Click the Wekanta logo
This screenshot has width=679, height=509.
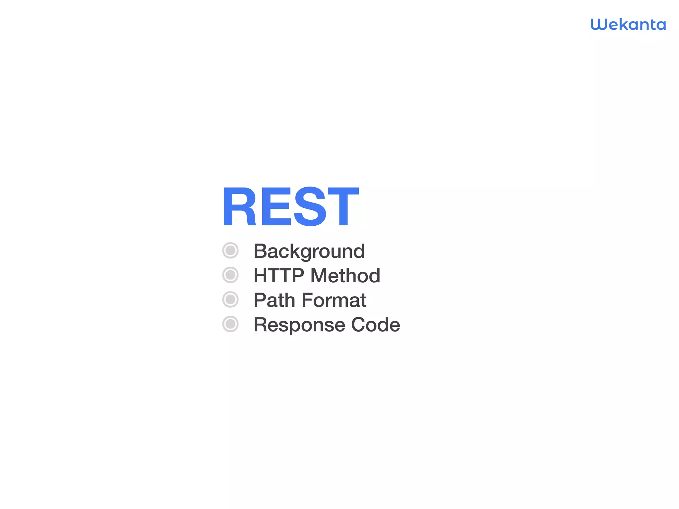point(628,25)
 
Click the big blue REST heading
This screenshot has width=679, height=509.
point(290,207)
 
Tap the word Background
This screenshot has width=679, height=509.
point(309,251)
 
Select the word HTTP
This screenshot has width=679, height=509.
point(279,275)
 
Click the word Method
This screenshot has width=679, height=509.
point(345,275)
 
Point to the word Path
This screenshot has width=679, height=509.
point(274,300)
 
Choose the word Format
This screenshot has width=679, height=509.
point(334,300)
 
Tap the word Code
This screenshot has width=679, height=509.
point(375,324)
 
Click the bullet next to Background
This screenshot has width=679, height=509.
point(230,251)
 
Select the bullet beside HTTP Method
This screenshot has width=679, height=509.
point(230,275)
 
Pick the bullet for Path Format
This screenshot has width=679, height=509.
point(230,300)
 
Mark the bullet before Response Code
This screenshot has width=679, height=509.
point(230,324)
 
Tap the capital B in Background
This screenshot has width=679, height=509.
point(261,251)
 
